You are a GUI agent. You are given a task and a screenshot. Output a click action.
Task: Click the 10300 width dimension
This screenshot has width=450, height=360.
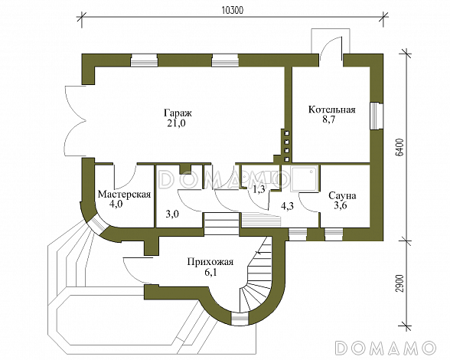click(x=233, y=11)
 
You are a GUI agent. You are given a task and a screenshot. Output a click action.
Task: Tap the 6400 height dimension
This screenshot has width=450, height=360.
click(x=401, y=147)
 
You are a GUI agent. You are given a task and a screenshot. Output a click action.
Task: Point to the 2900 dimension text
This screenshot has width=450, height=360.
click(x=401, y=283)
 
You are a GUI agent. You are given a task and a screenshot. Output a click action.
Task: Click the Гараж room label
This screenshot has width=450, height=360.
click(x=178, y=113)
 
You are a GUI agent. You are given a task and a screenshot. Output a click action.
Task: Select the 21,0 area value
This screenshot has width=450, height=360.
click(x=176, y=123)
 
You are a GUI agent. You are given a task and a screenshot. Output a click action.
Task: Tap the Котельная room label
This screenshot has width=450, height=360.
click(x=332, y=110)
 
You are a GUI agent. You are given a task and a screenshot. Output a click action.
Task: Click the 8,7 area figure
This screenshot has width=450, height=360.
click(x=329, y=119)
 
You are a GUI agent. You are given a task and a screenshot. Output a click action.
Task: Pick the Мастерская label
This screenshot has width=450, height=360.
click(x=124, y=195)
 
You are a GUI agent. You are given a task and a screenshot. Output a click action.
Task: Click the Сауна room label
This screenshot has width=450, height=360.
click(x=342, y=195)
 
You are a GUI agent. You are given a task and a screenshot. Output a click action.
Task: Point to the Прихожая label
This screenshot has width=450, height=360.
click(x=210, y=262)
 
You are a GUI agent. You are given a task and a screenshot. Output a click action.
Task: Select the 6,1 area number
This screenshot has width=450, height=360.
click(x=210, y=272)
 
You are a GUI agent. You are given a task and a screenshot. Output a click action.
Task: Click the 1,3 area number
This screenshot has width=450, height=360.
click(x=259, y=189)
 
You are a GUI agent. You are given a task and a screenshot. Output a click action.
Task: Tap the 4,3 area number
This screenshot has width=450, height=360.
click(x=287, y=206)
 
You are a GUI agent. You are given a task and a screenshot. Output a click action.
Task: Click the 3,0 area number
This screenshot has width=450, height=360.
click(x=173, y=214)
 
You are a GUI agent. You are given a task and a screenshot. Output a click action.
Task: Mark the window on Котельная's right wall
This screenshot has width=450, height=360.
click(x=377, y=116)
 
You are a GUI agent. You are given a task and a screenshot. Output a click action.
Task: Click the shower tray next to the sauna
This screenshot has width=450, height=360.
click(x=305, y=178)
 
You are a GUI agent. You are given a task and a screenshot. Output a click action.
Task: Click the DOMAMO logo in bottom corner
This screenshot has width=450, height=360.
click(x=386, y=347)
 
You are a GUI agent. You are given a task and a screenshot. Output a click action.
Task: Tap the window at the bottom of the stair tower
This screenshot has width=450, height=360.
click(x=240, y=319)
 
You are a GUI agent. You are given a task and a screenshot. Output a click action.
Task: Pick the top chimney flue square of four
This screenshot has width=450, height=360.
click(x=287, y=133)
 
